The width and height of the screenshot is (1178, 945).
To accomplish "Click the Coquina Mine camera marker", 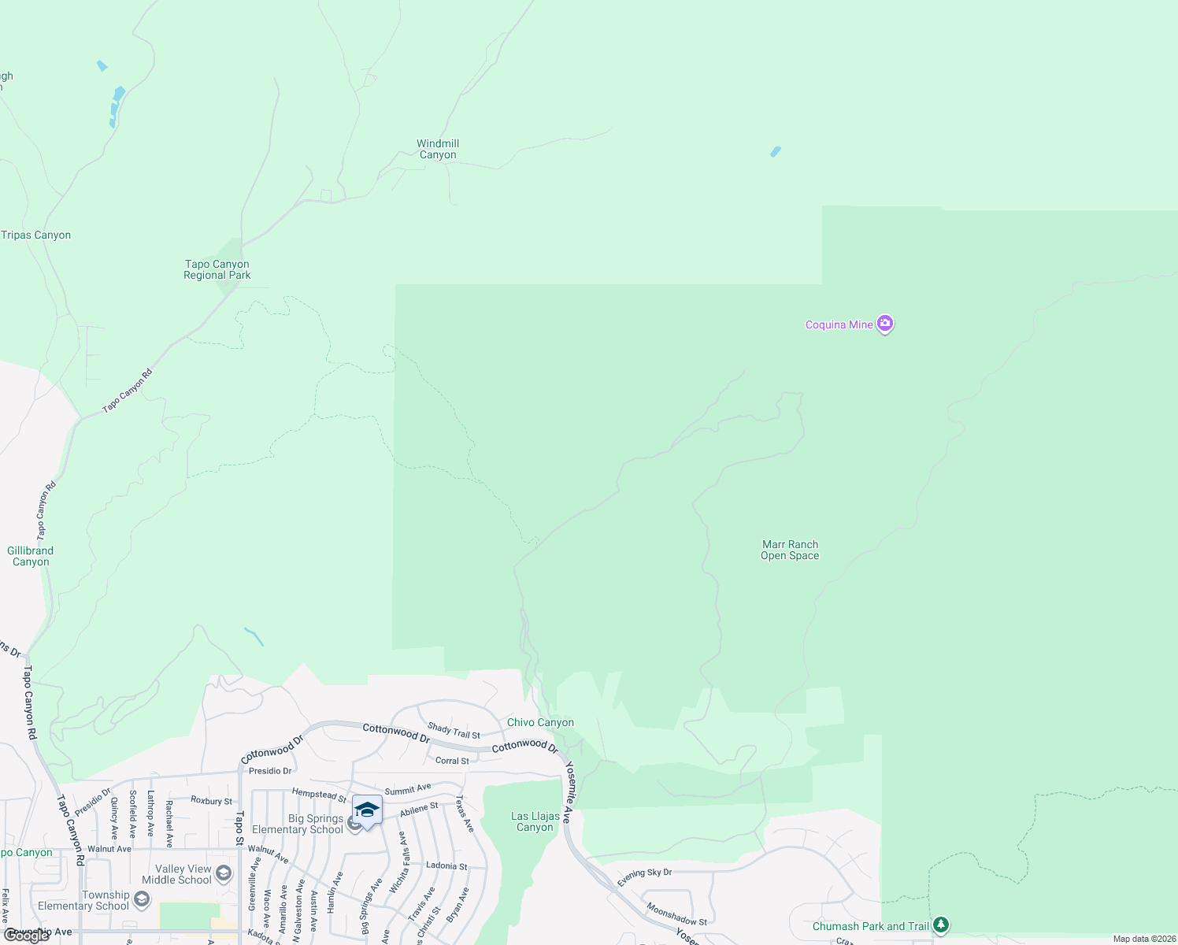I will tap(885, 324).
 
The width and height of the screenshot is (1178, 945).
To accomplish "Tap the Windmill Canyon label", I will tap(438, 149).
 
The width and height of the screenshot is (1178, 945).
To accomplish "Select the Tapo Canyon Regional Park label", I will tap(217, 269).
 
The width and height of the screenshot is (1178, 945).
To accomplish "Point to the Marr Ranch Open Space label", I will tap(790, 550).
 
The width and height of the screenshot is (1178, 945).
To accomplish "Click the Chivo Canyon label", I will tap(540, 722).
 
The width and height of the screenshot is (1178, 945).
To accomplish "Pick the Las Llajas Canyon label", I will tap(535, 821).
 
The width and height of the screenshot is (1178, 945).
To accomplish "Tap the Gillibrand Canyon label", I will tap(31, 556).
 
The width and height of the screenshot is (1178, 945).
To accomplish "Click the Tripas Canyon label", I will tap(36, 235).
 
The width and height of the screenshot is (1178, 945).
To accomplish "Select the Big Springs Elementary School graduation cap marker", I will tap(367, 809).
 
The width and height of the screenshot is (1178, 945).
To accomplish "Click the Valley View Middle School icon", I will tap(224, 873).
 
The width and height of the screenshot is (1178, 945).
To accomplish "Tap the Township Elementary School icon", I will tap(142, 899).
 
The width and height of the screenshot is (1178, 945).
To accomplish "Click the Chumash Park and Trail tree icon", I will tap(940, 925).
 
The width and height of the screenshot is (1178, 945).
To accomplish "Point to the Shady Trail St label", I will tap(454, 731).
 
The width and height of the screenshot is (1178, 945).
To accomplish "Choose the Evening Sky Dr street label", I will tap(645, 877).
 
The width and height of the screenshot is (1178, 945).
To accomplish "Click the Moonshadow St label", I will tap(676, 913).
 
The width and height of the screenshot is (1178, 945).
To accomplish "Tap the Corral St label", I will tap(452, 761).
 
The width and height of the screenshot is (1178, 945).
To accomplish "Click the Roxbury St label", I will tap(212, 800).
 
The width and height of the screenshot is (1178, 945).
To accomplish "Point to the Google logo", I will tap(27, 936).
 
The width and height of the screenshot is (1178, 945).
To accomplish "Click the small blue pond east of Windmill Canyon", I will tap(776, 151).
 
